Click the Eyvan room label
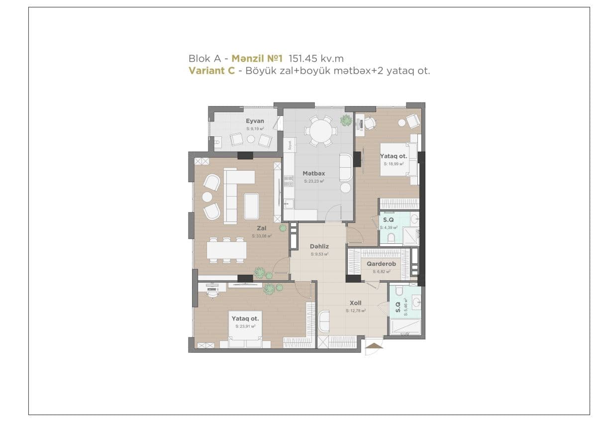tap(255, 121)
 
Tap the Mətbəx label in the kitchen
tap(314, 173)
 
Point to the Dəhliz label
tap(319, 246)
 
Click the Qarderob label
tap(381, 264)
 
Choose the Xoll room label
tap(355, 303)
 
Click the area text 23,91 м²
tap(245, 327)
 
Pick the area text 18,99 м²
tap(393, 163)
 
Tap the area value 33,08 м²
tap(262, 236)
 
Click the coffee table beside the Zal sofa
tap(251, 206)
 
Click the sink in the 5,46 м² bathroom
tap(415, 301)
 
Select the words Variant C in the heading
tap(211, 71)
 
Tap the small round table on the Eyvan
tap(251, 139)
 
